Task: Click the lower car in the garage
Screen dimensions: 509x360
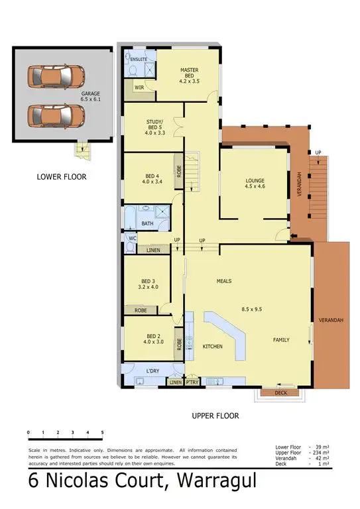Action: pyautogui.click(x=56, y=115)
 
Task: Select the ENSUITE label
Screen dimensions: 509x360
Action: pyautogui.click(x=139, y=60)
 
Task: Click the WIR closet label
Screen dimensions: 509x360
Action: pyautogui.click(x=139, y=87)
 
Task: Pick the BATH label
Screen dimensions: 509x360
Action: pyautogui.click(x=147, y=223)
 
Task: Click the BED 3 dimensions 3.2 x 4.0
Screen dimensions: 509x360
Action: pyautogui.click(x=147, y=288)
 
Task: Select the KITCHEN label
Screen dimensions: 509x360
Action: pyautogui.click(x=212, y=347)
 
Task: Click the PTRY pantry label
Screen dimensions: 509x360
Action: pyautogui.click(x=192, y=382)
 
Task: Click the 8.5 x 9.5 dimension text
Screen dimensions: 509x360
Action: pyautogui.click(x=256, y=308)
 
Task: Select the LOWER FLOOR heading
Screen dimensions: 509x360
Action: pyautogui.click(x=62, y=177)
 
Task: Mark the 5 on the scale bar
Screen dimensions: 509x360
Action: pyautogui.click(x=102, y=433)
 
